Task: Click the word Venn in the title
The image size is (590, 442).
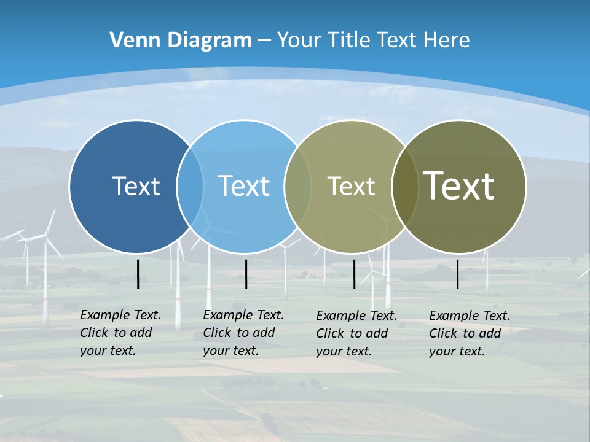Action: (132, 41)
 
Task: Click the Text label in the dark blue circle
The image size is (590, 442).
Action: (136, 186)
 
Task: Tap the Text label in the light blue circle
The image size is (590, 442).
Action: (243, 186)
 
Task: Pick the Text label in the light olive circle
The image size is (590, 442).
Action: (351, 186)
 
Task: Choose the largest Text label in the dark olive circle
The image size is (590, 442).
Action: (459, 186)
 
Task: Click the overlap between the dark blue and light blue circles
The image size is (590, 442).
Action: (190, 186)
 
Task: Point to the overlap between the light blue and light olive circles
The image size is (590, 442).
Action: (297, 186)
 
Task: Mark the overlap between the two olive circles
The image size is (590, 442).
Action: (404, 186)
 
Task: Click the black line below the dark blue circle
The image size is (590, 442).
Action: (138, 274)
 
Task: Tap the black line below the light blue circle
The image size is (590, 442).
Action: (246, 274)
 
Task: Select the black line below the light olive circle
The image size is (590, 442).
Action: (354, 274)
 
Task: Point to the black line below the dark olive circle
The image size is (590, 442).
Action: (457, 274)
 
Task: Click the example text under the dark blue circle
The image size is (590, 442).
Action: (120, 333)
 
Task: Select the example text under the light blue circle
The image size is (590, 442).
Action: (243, 333)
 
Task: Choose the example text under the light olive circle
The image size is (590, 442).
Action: (356, 333)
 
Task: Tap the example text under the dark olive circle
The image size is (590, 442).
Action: (470, 333)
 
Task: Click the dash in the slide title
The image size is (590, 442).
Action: (264, 41)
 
